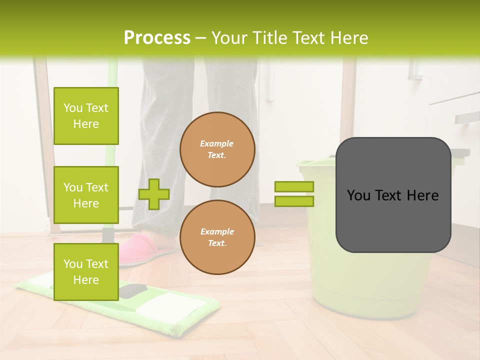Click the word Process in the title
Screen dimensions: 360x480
click(157, 38)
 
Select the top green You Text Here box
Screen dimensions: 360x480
click(86, 116)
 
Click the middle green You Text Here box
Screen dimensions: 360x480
click(86, 195)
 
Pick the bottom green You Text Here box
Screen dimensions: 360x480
click(86, 272)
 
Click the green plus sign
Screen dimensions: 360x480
click(154, 194)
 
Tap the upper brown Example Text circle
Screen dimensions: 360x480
click(217, 149)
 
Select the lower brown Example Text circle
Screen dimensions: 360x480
click(217, 237)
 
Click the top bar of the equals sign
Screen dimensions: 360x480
click(294, 186)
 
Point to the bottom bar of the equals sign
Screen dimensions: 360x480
click(294, 201)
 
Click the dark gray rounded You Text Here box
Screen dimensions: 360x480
click(393, 195)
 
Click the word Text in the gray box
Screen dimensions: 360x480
click(392, 195)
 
